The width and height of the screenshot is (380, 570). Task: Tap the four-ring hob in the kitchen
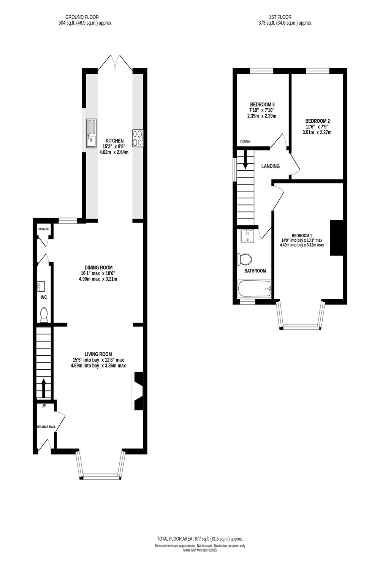(x=138, y=138)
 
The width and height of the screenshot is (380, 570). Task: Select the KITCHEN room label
(x=114, y=141)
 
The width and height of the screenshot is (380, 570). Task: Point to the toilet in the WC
(x=44, y=315)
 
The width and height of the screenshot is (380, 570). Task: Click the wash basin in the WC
(x=41, y=286)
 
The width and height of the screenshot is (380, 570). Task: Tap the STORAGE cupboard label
(x=43, y=230)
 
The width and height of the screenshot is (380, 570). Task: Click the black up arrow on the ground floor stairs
(x=44, y=387)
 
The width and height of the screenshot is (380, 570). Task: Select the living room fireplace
(x=138, y=391)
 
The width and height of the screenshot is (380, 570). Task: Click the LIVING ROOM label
(x=98, y=354)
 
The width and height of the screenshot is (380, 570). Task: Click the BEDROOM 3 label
(x=262, y=104)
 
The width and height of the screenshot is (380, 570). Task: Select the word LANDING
(x=271, y=166)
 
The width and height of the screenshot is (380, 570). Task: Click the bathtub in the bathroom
(x=254, y=289)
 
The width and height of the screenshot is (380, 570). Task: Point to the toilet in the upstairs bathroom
(x=244, y=260)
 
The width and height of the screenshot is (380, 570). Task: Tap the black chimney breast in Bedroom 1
(x=336, y=238)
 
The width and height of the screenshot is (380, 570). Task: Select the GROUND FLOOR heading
(x=82, y=17)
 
